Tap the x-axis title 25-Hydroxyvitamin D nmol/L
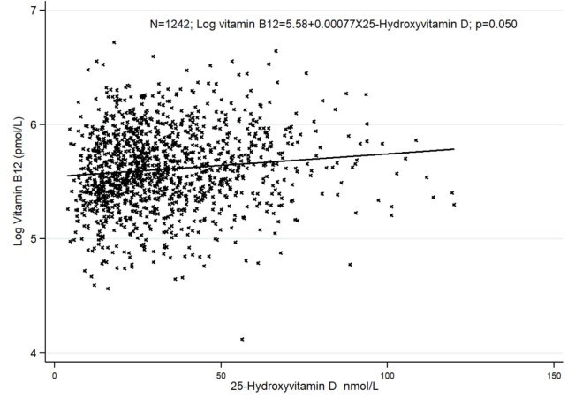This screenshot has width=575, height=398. click(299, 386)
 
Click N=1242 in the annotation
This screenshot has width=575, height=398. click(173, 24)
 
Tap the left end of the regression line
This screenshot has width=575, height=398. click(68, 176)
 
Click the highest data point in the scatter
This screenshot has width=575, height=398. click(114, 42)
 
